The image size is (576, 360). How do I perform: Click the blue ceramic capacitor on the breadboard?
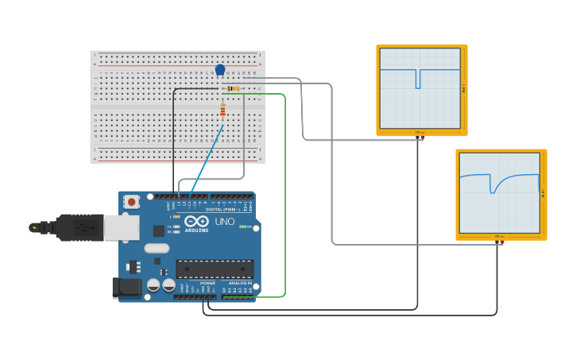coord(220,70)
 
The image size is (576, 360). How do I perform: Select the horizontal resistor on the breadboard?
coord(233,88)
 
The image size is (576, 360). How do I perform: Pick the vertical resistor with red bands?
coord(222,110)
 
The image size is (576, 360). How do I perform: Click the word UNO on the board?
coord(225,222)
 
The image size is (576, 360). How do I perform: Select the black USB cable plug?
coord(75,227)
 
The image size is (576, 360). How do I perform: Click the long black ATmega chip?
coord(215,269)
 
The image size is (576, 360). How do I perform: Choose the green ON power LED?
coord(242,226)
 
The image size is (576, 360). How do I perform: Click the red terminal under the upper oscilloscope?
coord(422,138)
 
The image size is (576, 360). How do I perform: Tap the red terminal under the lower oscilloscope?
coord(501,242)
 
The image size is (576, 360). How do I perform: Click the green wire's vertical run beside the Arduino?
coord(284,199)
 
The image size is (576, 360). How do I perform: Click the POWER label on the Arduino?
coord(207,283)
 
